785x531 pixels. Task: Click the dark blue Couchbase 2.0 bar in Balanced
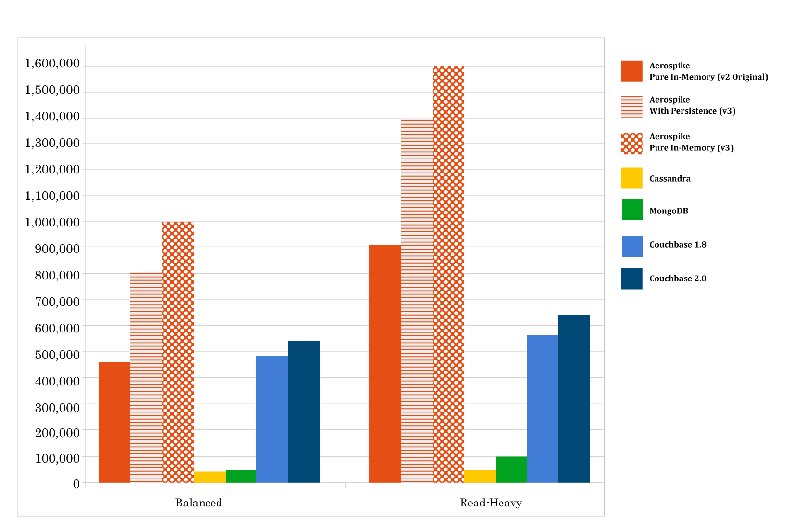304,412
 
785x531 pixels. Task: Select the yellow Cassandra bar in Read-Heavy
480,476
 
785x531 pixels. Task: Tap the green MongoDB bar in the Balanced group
241,476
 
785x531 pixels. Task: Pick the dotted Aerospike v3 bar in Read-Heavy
449,275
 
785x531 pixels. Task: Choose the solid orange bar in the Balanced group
114,423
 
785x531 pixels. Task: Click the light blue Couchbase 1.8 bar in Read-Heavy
542,409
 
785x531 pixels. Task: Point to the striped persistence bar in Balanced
146,378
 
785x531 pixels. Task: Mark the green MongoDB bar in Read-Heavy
511,470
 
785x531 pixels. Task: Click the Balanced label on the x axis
199,503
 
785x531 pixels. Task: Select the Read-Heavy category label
490,503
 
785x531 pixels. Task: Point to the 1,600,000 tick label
52,64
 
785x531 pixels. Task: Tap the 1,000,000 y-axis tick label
52,222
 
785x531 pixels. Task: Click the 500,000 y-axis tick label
57,355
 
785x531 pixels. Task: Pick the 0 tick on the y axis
77,484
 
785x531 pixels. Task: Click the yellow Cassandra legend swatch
632,178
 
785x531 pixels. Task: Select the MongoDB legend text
669,211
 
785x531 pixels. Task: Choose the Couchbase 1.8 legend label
678,245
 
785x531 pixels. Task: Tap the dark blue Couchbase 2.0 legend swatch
632,279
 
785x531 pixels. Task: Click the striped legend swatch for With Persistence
632,106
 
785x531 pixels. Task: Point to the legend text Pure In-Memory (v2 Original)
708,77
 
